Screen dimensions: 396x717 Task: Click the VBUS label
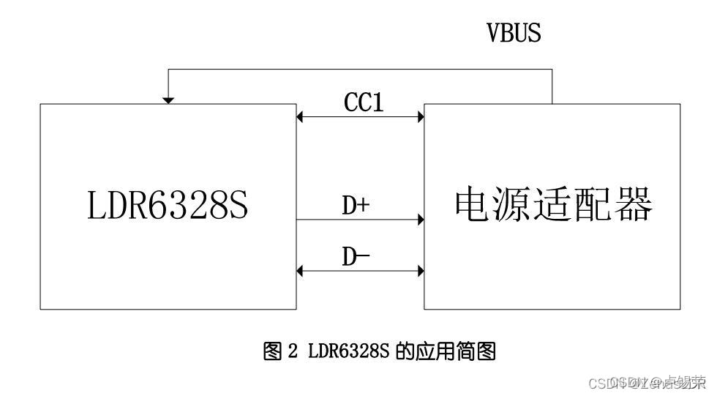[x=514, y=33]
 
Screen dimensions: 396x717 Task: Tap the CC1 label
[x=364, y=102]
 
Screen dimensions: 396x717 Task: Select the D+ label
[x=356, y=206]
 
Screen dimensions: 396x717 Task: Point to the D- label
[x=358, y=257]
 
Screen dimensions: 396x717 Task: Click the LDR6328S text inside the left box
[x=168, y=206]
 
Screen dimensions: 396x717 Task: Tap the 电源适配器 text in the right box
[x=553, y=205]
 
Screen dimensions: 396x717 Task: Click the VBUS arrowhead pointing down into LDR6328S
[x=168, y=100]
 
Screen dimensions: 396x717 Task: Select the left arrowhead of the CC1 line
[x=300, y=116]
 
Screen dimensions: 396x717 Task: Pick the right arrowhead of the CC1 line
[x=421, y=116]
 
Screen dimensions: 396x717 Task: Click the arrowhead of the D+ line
[x=421, y=219]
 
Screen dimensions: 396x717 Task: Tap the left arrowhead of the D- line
[x=300, y=271]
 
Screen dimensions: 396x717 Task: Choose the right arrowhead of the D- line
[x=421, y=271]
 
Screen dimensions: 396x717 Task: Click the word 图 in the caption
[x=271, y=352]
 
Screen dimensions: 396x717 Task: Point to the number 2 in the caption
[x=293, y=352]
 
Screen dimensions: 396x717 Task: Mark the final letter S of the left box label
[x=238, y=206]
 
